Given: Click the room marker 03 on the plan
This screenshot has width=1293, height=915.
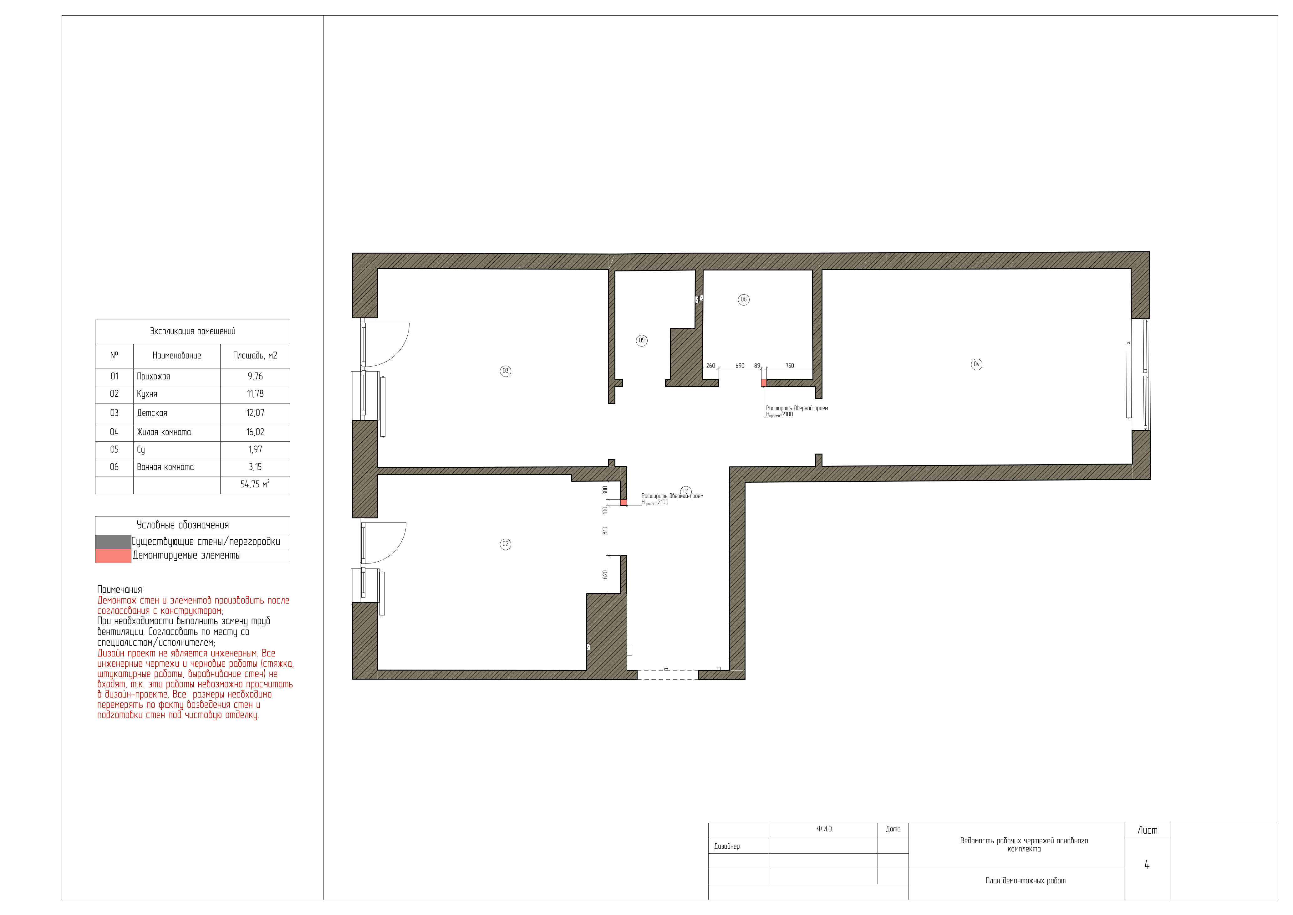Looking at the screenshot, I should [x=505, y=371].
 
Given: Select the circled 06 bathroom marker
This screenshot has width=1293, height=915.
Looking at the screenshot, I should [x=743, y=300].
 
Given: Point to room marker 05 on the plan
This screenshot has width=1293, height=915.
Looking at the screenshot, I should [x=641, y=340].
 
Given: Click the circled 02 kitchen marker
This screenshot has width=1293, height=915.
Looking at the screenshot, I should [x=505, y=544].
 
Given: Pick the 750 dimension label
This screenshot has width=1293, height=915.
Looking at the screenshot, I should [x=790, y=366].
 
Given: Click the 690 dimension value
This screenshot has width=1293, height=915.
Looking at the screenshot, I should [x=740, y=366].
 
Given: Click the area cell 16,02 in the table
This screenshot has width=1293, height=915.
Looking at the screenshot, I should [x=255, y=432].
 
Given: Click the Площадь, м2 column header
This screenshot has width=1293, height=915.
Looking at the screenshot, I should [x=255, y=356].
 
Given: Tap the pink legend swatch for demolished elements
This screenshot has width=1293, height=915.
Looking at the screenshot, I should [x=113, y=556].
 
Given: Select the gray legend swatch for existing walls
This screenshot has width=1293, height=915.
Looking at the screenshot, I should [x=113, y=542].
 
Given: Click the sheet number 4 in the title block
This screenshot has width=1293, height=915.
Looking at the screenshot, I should [x=1147, y=865].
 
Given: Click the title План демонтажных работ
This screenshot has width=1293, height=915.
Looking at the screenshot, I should [x=1025, y=881].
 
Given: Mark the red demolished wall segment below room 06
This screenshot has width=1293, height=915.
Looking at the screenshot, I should [x=764, y=383].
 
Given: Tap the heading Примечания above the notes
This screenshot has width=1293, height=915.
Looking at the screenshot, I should [x=120, y=590].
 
